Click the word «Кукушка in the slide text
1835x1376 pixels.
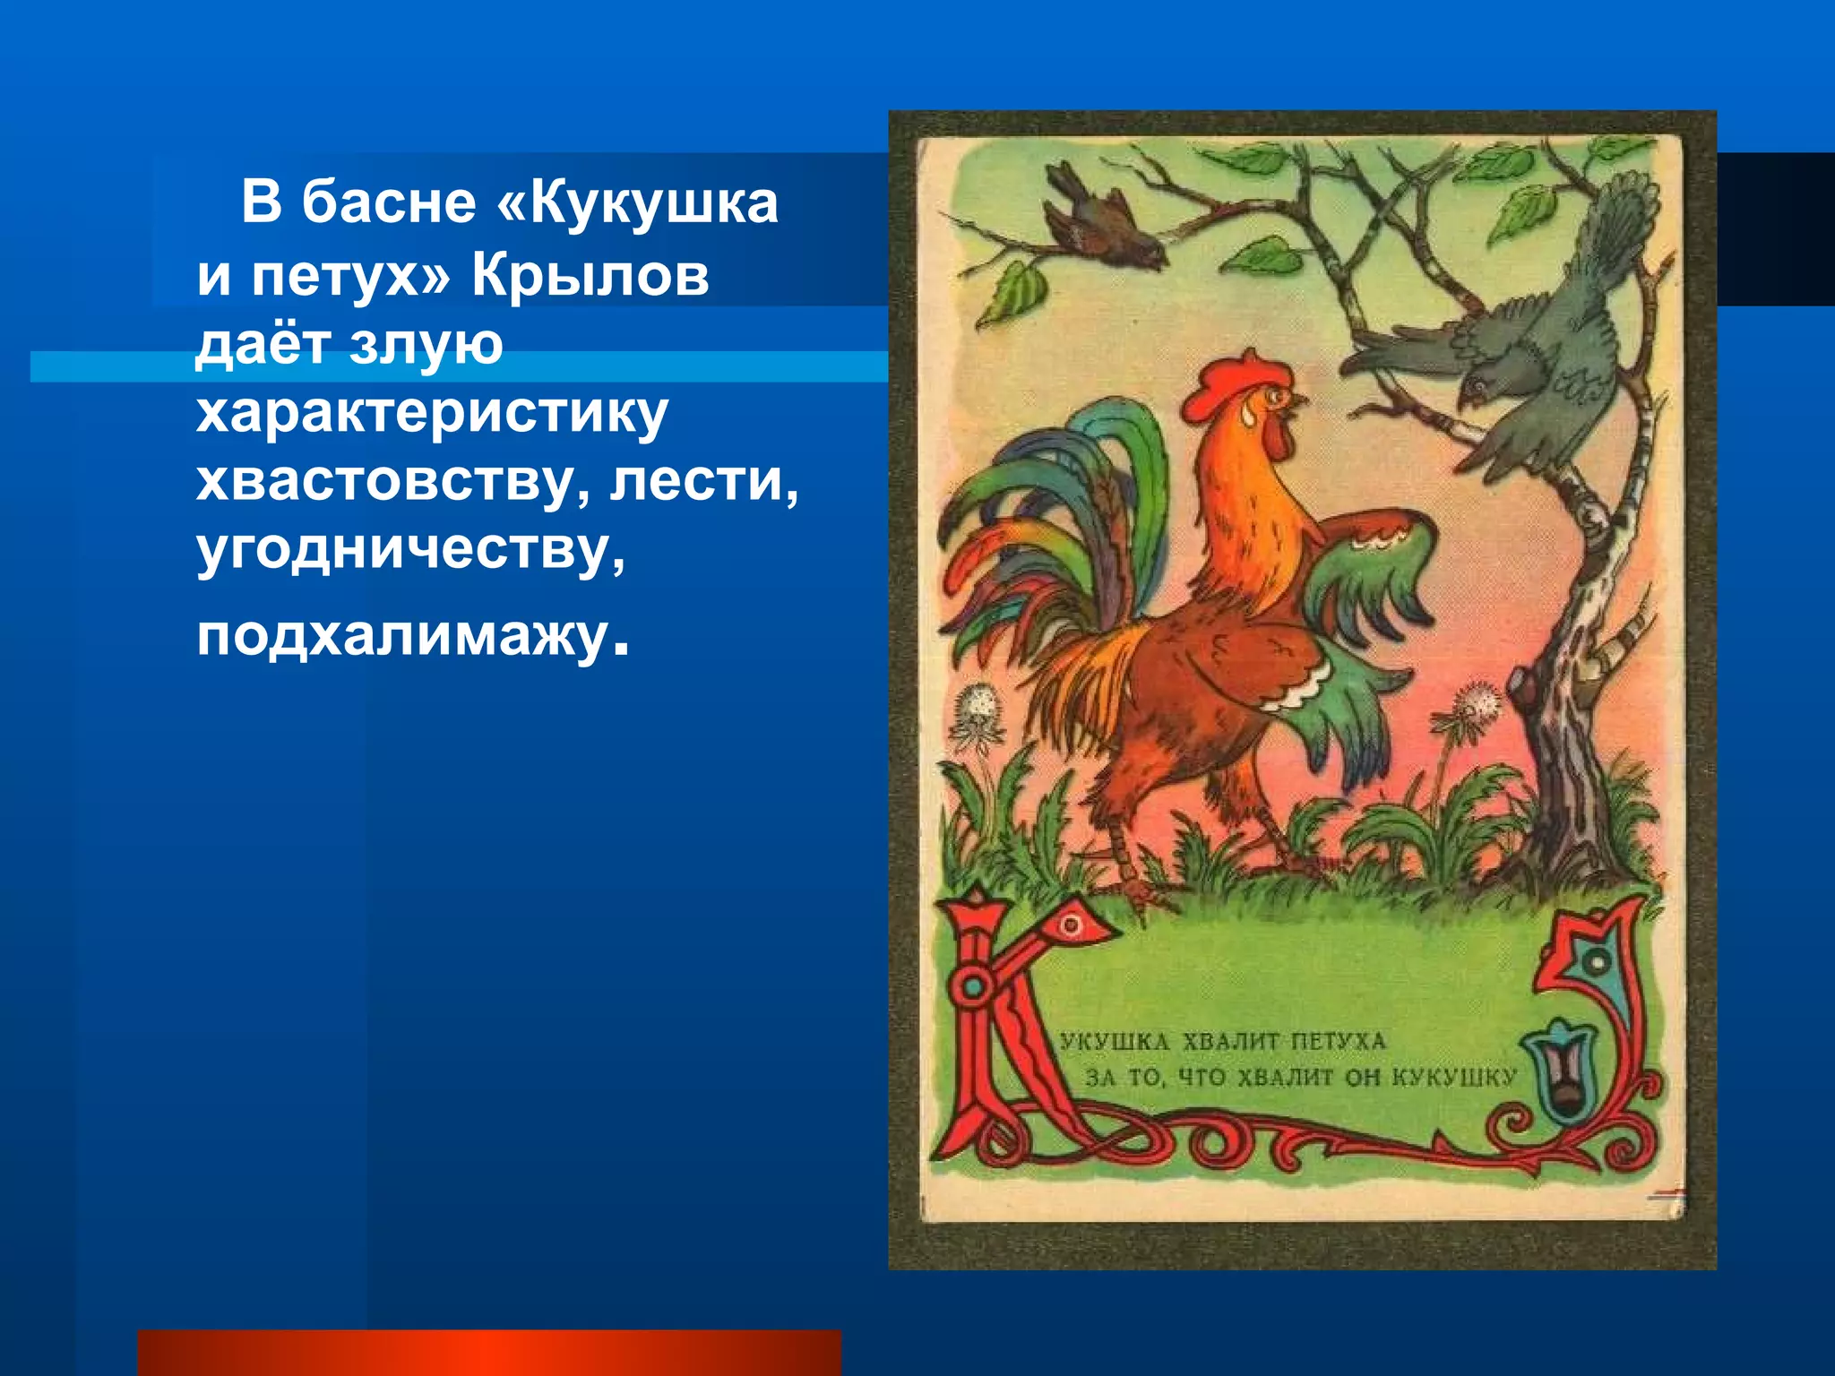(637, 202)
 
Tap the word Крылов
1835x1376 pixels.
(590, 275)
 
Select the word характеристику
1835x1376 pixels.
(432, 413)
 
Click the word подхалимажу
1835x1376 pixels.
(403, 637)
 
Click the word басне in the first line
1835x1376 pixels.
(388, 202)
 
